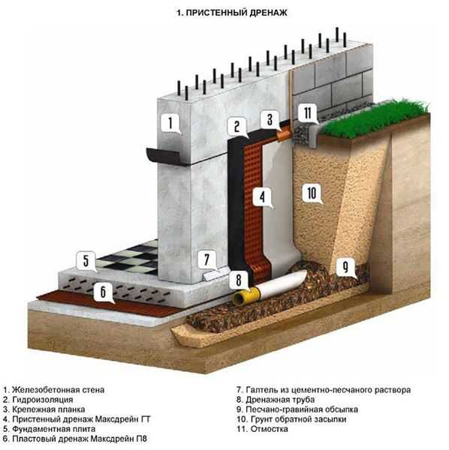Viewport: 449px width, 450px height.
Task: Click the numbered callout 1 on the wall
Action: point(170,123)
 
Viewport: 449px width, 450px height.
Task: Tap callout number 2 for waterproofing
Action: point(237,127)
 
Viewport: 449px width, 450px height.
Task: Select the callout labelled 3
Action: point(270,119)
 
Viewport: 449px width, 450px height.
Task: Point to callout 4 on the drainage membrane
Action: point(262,197)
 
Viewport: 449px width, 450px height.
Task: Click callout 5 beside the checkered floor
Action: point(86,261)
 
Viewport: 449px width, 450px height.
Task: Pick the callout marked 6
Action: point(103,292)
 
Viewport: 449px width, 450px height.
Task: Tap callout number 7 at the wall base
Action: point(207,259)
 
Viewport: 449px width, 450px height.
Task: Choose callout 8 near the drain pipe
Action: point(239,280)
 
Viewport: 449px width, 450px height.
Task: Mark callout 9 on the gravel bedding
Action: point(345,267)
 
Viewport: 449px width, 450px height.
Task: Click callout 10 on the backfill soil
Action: point(312,193)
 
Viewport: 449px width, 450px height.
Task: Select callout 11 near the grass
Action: point(308,113)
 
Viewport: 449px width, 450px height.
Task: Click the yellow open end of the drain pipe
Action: point(240,298)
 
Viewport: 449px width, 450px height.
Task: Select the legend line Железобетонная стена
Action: point(54,390)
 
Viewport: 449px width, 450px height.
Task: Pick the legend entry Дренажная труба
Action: point(276,400)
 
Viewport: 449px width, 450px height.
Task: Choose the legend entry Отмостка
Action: point(262,429)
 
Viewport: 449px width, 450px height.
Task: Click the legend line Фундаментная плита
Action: point(50,429)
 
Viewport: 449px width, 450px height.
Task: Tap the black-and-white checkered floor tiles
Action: point(129,258)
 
